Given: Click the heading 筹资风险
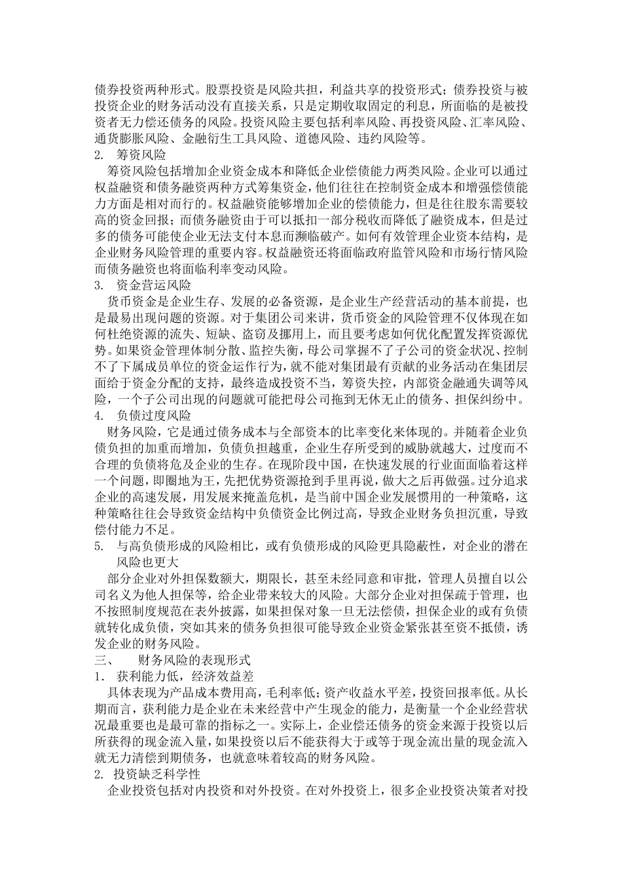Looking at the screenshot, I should click(x=141, y=156).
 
